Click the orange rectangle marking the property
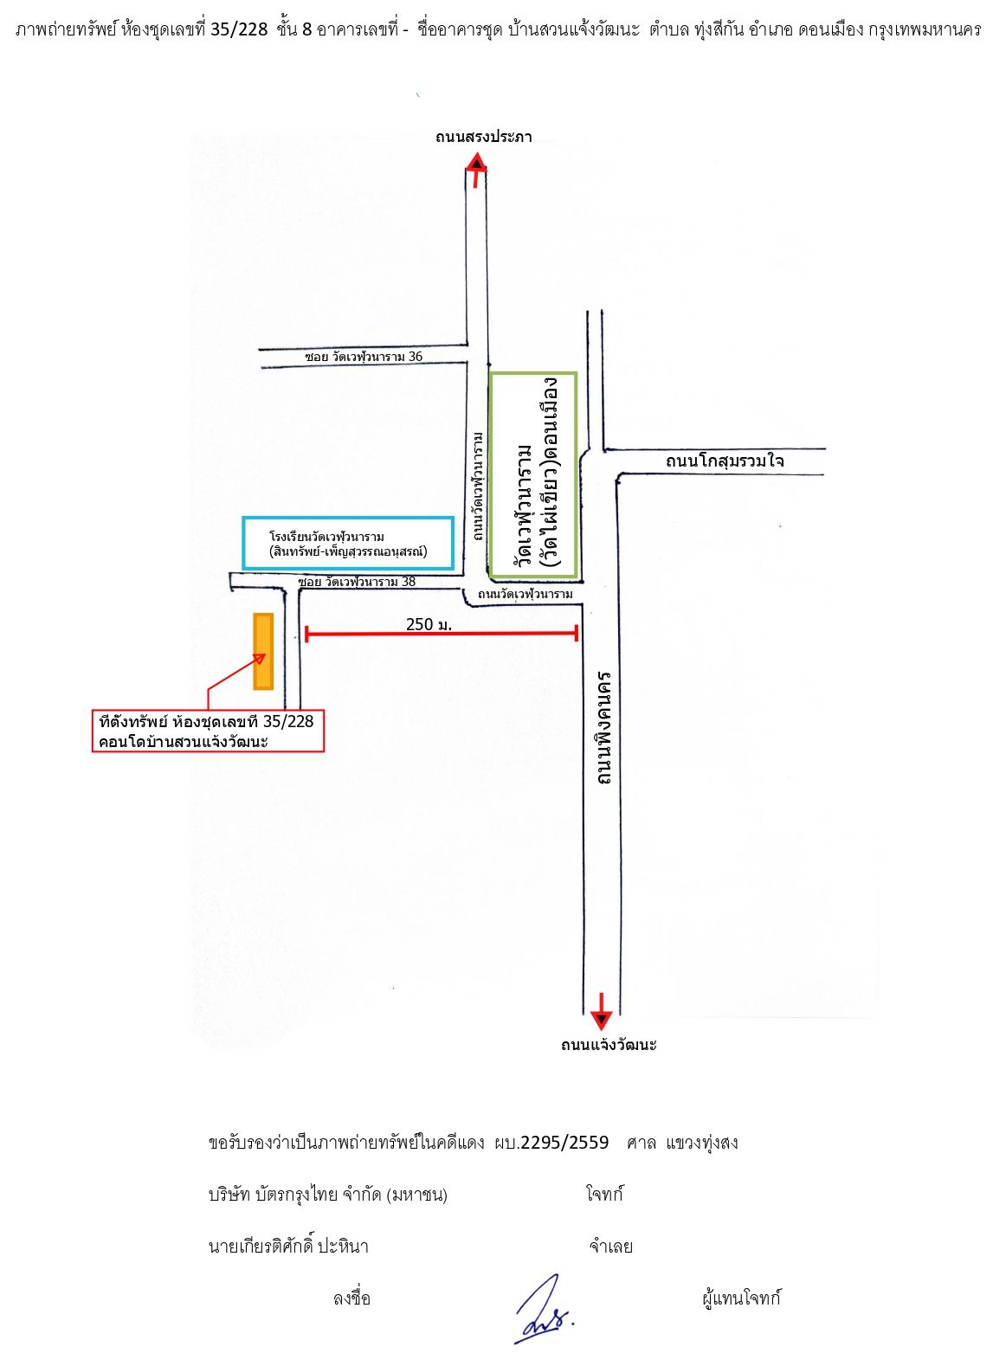263,651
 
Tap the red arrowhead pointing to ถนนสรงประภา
476,162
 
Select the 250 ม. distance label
429,624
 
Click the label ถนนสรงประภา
484,138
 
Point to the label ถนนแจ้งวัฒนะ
609,1045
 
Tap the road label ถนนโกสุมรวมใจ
725,461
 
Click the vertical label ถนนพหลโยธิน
603,728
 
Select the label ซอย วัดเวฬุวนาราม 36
364,356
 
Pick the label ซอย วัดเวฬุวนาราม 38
357,581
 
